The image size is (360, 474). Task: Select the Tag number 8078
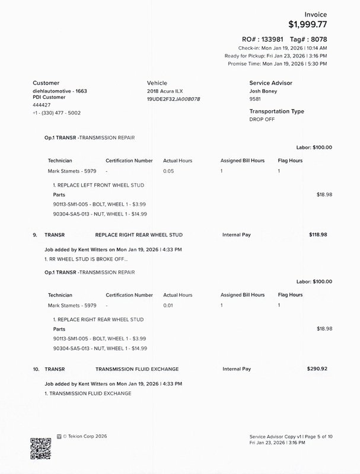pos(316,39)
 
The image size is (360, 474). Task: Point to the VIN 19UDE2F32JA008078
pos(173,99)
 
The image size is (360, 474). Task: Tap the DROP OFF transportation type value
pos(263,119)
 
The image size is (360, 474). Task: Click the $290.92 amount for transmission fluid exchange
pos(317,369)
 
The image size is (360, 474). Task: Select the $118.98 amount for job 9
pos(318,235)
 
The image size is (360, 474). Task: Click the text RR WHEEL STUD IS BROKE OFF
pos(85,260)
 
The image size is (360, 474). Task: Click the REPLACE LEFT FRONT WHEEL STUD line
pos(98,185)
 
